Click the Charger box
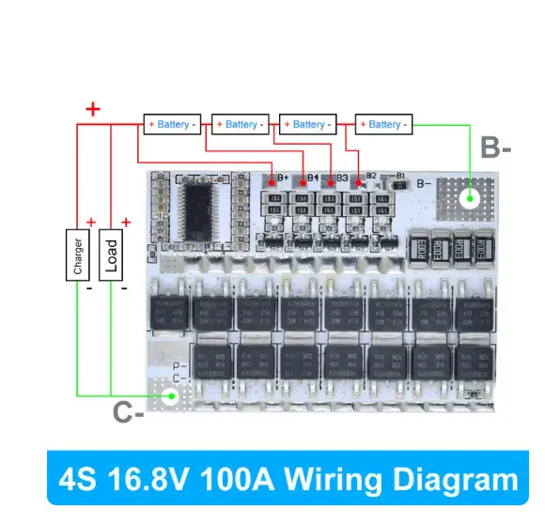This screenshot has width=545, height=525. pos(78,253)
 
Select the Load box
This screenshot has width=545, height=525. pos(111,254)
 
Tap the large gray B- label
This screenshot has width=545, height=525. pos(495,147)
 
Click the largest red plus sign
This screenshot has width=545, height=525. pos(92,109)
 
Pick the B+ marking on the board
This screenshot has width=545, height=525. pos(282,178)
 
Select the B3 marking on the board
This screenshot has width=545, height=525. pos(342,178)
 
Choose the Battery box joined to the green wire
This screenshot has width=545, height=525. pos(384,124)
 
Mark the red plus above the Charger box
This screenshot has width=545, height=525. pos(90,222)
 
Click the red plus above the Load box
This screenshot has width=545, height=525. pos(124,222)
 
